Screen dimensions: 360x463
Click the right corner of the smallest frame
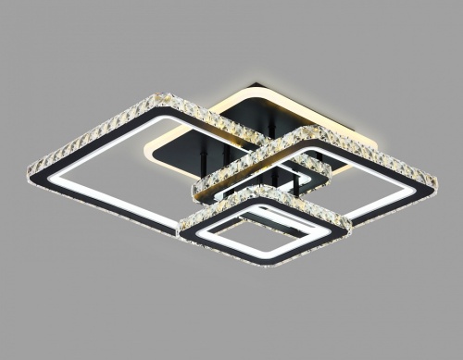click(x=349, y=219)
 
